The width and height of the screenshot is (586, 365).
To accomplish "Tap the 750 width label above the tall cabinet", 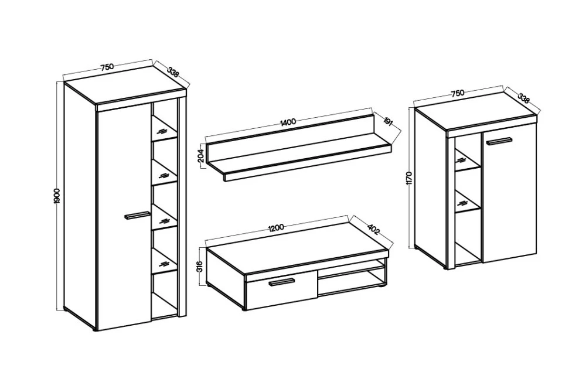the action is (106, 67).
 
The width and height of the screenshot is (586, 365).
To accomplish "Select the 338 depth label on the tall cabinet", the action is (173, 72).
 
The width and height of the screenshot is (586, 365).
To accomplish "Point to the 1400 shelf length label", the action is (288, 121).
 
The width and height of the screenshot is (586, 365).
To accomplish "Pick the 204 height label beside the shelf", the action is (200, 156).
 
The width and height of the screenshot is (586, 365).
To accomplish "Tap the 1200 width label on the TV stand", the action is (277, 227).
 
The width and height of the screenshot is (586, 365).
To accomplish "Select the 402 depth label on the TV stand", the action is (373, 229).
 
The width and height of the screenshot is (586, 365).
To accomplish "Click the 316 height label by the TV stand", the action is (200, 267).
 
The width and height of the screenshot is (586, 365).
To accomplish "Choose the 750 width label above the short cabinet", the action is (458, 93).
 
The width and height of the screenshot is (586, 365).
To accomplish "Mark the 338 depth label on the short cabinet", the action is (523, 98).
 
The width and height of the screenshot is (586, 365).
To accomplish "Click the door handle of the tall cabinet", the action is (137, 216).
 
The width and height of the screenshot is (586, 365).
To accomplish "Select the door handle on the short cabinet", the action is (499, 141).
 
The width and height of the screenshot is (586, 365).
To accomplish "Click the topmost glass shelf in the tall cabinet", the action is (164, 129).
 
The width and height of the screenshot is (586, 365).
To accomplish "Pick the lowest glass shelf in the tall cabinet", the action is (164, 262).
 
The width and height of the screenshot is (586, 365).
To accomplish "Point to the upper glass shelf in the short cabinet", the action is (467, 159).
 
